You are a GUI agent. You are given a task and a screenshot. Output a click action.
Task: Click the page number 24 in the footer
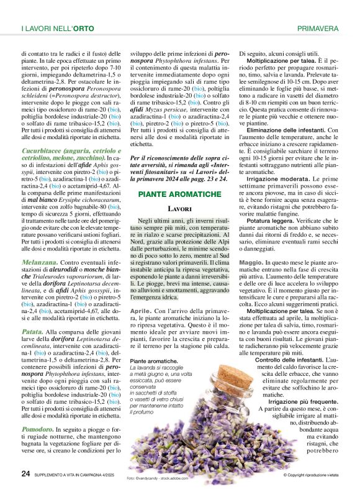(x=25, y=473)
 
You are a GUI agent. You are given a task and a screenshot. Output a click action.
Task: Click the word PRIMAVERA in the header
(x=318, y=29)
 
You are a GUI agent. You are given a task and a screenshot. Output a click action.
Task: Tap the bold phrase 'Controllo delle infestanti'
(x=290, y=360)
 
